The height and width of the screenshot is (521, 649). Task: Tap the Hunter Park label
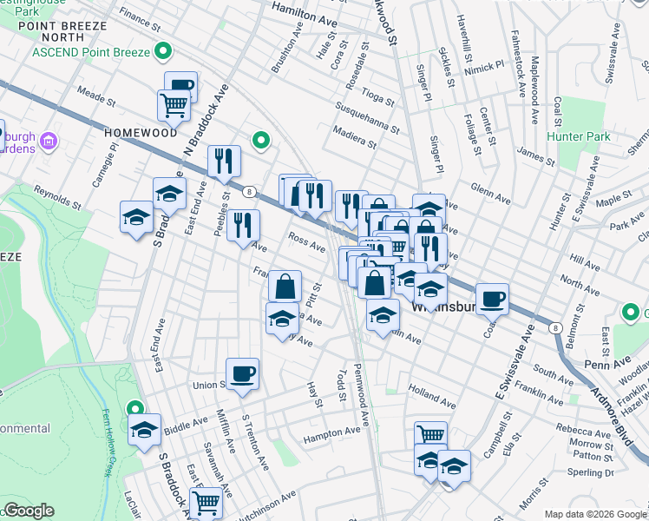tap(579, 136)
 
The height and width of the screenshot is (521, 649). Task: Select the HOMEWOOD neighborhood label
tap(141, 133)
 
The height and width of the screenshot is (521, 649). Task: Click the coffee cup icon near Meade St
tap(180, 85)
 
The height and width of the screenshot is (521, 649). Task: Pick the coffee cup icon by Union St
tap(242, 373)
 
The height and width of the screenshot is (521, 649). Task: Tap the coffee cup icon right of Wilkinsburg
tap(492, 298)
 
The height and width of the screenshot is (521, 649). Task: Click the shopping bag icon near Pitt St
tap(285, 285)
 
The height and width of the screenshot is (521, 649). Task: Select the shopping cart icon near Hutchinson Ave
tap(206, 501)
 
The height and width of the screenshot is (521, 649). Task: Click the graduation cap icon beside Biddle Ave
tap(144, 429)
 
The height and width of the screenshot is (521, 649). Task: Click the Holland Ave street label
tap(431, 398)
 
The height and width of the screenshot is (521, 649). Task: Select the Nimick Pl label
tap(484, 66)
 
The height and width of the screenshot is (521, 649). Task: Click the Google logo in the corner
tap(29, 511)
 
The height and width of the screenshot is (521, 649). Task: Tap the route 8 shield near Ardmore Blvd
tap(554, 326)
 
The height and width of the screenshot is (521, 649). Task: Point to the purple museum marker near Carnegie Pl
tap(49, 140)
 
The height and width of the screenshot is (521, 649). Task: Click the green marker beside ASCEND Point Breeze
tap(162, 52)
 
